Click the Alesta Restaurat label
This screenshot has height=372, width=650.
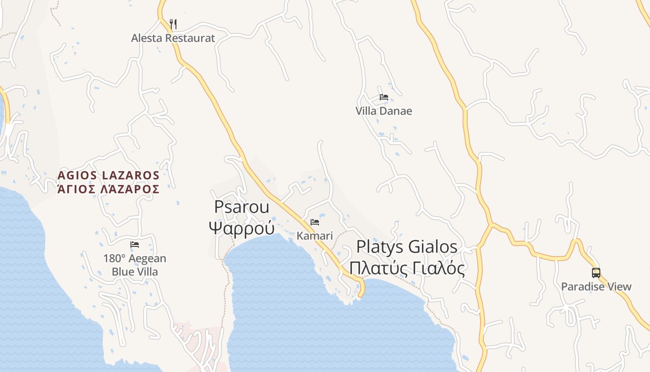click(173, 38)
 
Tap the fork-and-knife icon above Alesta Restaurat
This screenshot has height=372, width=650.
click(173, 24)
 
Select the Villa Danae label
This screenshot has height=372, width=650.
click(383, 111)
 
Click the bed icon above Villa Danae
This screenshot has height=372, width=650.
click(383, 97)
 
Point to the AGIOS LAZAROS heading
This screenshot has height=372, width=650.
click(109, 175)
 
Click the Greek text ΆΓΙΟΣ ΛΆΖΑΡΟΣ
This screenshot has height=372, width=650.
click(109, 189)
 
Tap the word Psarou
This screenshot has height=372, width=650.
click(241, 207)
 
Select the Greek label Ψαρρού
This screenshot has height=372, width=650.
click(241, 228)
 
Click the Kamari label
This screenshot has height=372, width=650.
click(315, 236)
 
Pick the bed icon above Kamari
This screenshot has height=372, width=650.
click(315, 222)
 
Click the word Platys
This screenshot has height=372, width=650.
click(379, 247)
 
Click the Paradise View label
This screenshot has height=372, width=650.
click(596, 286)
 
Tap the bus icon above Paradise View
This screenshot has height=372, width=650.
click(596, 273)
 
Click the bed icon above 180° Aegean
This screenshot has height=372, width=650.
click(135, 245)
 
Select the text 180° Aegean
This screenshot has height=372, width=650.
click(135, 259)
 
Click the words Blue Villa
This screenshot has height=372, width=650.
click(135, 272)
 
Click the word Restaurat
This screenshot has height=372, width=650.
click(190, 38)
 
